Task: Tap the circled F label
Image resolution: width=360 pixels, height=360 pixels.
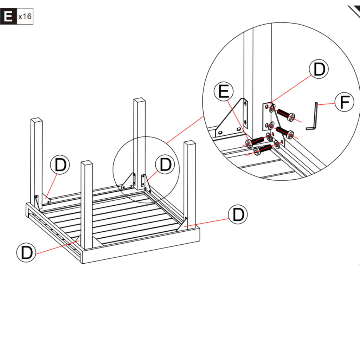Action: tap(344, 102)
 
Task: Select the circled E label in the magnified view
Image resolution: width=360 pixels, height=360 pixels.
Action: tap(224, 92)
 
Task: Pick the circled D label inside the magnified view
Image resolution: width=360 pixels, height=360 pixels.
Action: tap(319, 70)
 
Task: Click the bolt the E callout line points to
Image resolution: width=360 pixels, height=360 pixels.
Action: tap(255, 141)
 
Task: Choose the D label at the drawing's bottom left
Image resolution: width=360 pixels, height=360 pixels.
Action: tap(26, 252)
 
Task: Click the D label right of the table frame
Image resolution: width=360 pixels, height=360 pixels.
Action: tap(238, 214)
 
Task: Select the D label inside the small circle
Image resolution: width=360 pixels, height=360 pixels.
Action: tap(165, 165)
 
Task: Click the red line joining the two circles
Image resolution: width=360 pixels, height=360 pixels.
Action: tap(185, 129)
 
